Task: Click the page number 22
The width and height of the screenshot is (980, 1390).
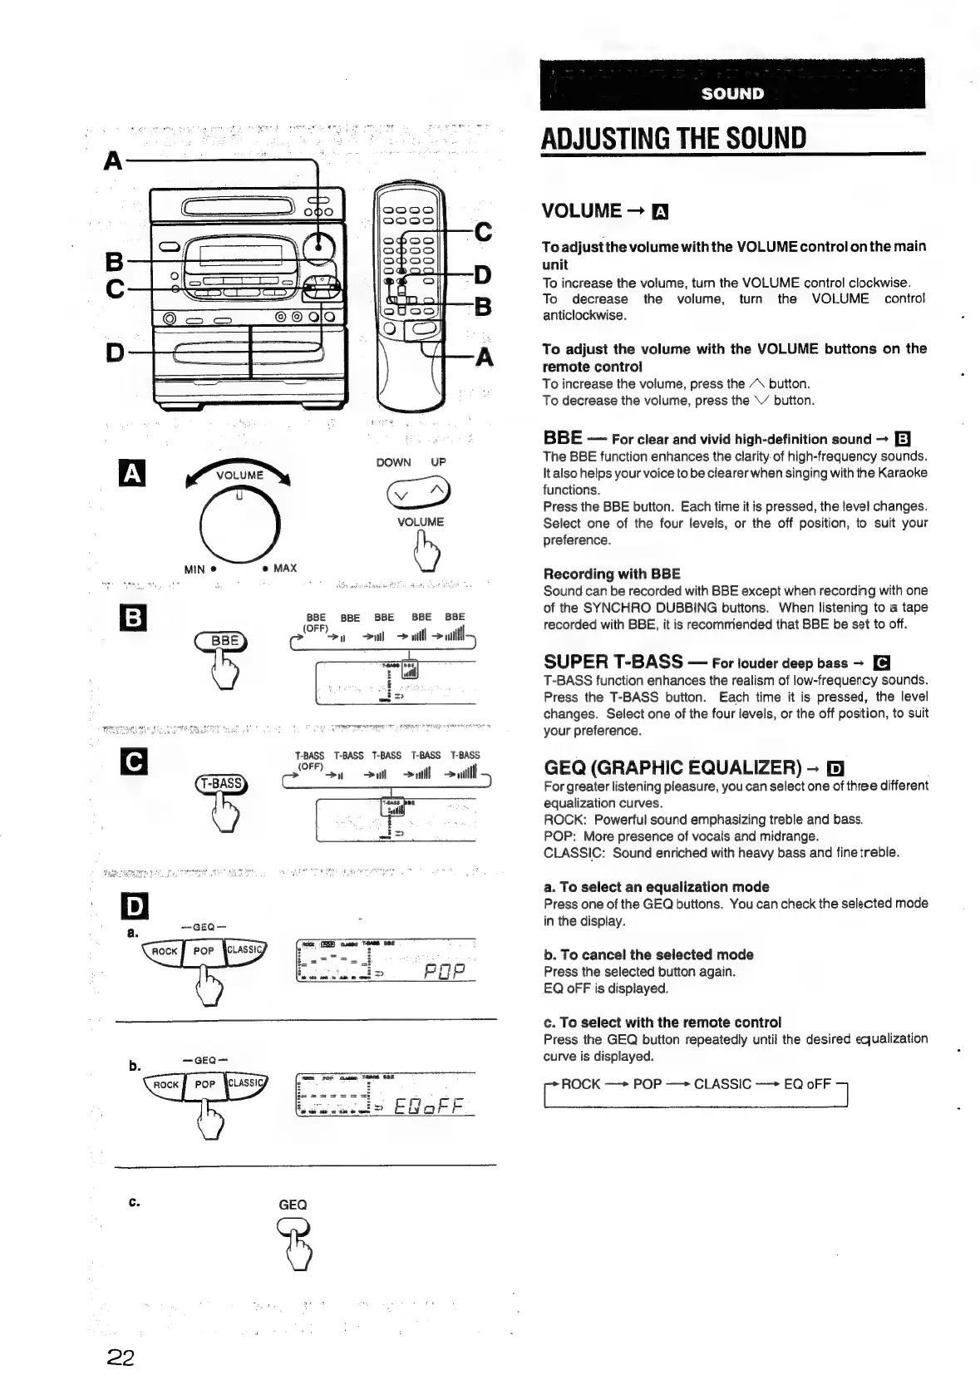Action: (x=121, y=1358)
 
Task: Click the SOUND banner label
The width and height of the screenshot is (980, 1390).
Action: (x=731, y=93)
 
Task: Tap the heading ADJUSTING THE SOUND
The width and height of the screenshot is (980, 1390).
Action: (x=673, y=138)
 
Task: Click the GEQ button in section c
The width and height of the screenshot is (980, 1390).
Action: (x=293, y=1227)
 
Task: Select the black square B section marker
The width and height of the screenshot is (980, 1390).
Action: (x=134, y=619)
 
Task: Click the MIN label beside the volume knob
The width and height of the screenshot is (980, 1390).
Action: (x=195, y=569)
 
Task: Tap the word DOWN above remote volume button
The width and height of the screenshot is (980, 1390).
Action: (x=393, y=462)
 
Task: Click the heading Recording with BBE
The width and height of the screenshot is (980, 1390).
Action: (x=611, y=574)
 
